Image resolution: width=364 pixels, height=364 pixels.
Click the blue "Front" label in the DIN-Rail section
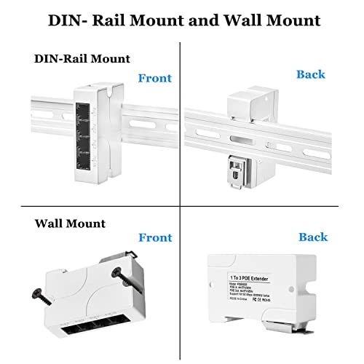pyautogui.click(x=154, y=78)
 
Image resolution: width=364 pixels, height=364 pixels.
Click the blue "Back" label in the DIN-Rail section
pyautogui.click(x=311, y=74)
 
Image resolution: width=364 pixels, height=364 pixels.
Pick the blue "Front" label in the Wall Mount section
pyautogui.click(x=154, y=237)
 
